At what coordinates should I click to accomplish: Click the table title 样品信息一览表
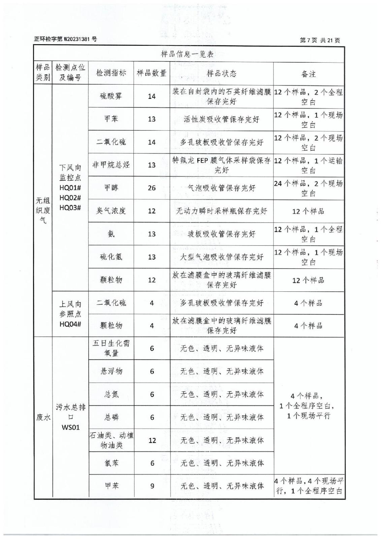point(187,54)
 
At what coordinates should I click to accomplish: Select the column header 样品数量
point(151,73)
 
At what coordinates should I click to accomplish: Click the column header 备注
point(308,74)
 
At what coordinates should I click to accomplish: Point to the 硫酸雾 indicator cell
point(111,96)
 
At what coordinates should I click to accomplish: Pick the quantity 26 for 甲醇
point(152,188)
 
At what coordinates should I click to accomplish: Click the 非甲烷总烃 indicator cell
point(111,165)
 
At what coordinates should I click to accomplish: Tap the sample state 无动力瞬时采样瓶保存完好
point(221,211)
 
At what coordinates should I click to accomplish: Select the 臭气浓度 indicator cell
point(111,211)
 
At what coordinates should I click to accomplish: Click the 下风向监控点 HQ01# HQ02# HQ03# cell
point(70,187)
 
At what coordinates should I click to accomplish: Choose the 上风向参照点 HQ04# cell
point(70,314)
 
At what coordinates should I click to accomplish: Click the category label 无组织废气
point(43,211)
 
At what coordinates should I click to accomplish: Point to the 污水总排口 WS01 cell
point(70,417)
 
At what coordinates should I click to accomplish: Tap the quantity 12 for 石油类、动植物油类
point(152,440)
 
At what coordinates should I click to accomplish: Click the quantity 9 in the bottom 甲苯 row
point(152,486)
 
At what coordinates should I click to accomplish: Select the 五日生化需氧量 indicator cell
point(111,348)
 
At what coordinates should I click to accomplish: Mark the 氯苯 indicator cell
point(111,463)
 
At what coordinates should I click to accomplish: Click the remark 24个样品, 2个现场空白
point(308,188)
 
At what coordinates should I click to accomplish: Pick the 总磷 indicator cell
point(111,417)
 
